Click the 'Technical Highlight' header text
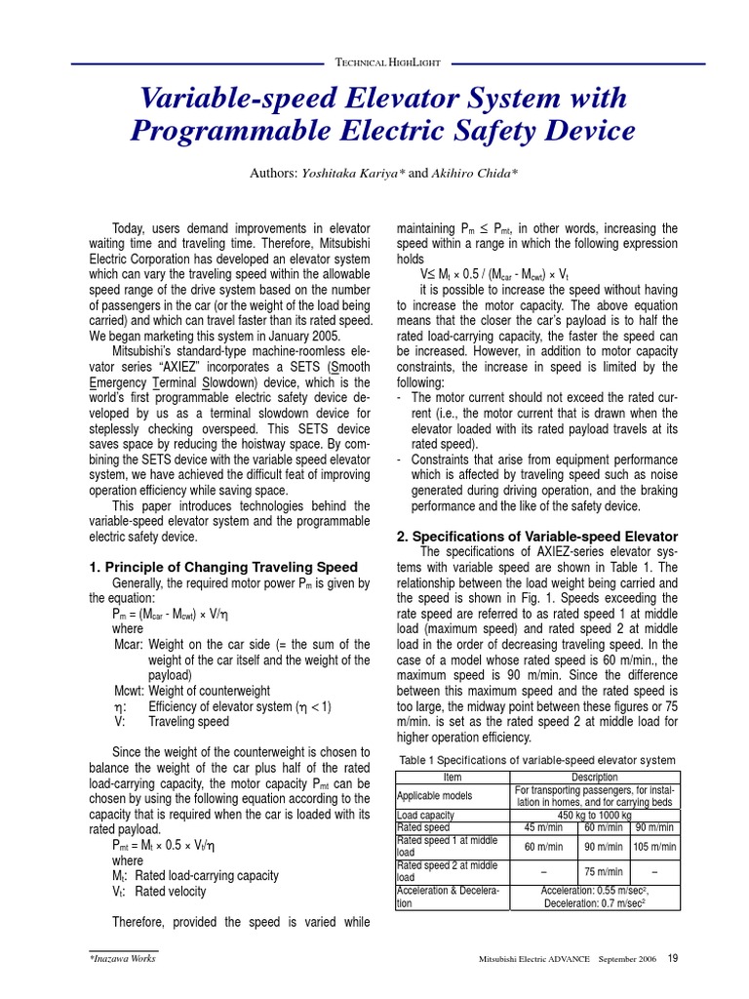point(387,61)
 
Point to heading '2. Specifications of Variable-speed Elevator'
point(537,537)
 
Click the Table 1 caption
point(537,760)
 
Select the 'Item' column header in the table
point(453,777)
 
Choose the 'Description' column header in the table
point(595,777)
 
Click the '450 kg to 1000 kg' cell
point(595,815)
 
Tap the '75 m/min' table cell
point(604,871)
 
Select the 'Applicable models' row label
point(435,795)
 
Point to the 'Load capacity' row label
point(426,815)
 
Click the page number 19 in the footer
point(673,958)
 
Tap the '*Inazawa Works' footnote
point(122,959)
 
